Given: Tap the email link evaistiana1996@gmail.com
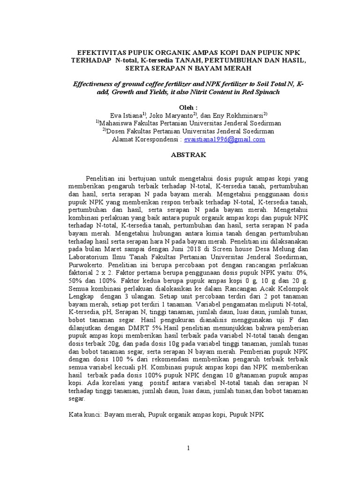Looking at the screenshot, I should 225,139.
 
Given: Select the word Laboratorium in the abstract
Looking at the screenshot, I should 89,257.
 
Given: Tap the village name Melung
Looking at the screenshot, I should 269,249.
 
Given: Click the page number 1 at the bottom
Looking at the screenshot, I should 188,448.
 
